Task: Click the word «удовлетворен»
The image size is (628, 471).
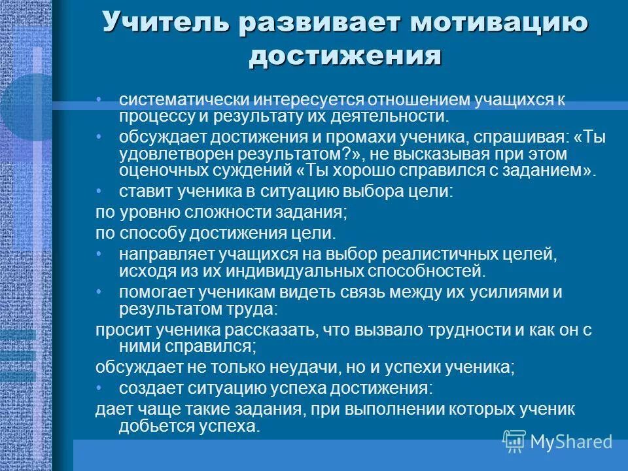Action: coord(167,154)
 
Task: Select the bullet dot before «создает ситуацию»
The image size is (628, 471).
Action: coord(99,387)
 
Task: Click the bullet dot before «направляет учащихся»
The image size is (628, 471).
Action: coord(99,252)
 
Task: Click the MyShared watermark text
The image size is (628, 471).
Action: coord(571,442)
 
